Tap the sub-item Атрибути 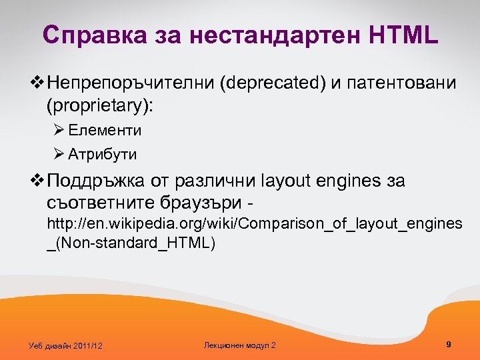coord(102,155)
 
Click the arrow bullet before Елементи coord(58,130)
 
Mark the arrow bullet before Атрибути coord(58,155)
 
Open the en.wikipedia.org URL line coord(253,223)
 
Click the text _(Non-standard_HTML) coord(131,243)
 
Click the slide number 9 coord(449,344)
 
